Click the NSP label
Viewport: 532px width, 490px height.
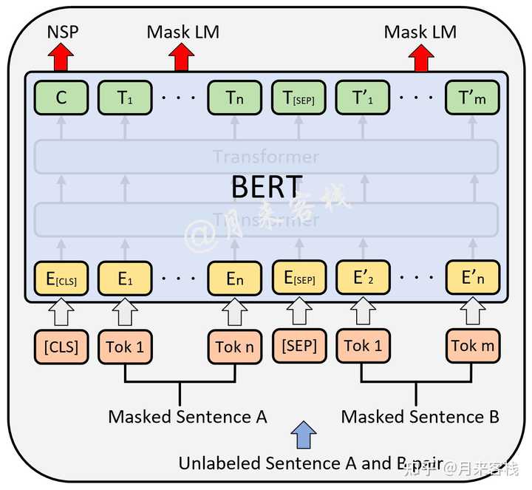61,32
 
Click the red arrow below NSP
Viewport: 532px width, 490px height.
61,57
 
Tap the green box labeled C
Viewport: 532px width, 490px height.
61,98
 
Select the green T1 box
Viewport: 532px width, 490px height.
124,98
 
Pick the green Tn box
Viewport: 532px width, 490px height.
235,98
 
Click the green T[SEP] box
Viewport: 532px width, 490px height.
299,98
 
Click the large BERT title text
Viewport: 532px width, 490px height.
266,187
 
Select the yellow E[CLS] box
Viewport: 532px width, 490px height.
61,279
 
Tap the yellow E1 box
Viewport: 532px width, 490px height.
124,279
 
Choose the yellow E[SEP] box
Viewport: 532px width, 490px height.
299,279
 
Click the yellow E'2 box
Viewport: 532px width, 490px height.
363,279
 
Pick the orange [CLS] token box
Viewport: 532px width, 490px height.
61,346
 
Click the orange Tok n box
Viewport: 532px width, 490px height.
235,346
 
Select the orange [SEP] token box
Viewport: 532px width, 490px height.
299,346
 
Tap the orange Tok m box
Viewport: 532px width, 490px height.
473,346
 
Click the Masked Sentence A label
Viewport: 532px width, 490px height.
187,416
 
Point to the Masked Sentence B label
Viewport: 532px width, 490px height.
420,416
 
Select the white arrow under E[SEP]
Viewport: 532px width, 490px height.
299,311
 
